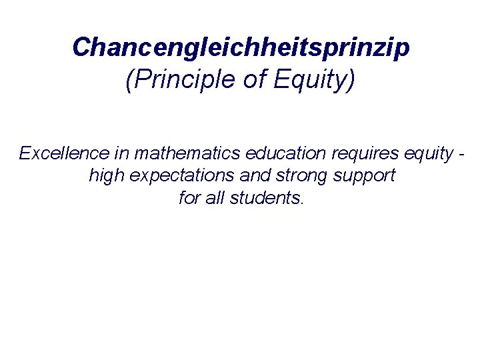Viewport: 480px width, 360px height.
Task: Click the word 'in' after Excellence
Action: (121, 153)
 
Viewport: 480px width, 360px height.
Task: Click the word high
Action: (106, 176)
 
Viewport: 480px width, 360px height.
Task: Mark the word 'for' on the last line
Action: (190, 198)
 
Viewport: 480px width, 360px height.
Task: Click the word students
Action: (266, 198)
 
